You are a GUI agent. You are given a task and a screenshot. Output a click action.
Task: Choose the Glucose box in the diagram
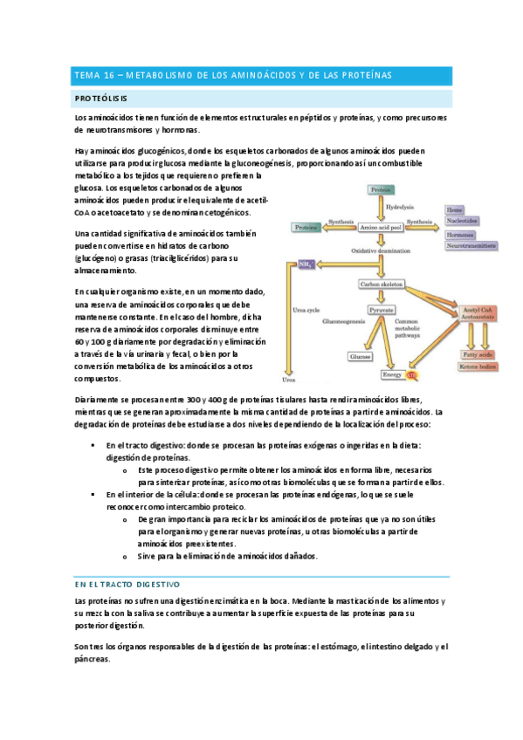pos(360,357)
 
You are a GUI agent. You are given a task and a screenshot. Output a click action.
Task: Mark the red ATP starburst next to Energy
pos(413,375)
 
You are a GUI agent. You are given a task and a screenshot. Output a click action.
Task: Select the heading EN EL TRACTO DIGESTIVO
pos(127,583)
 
